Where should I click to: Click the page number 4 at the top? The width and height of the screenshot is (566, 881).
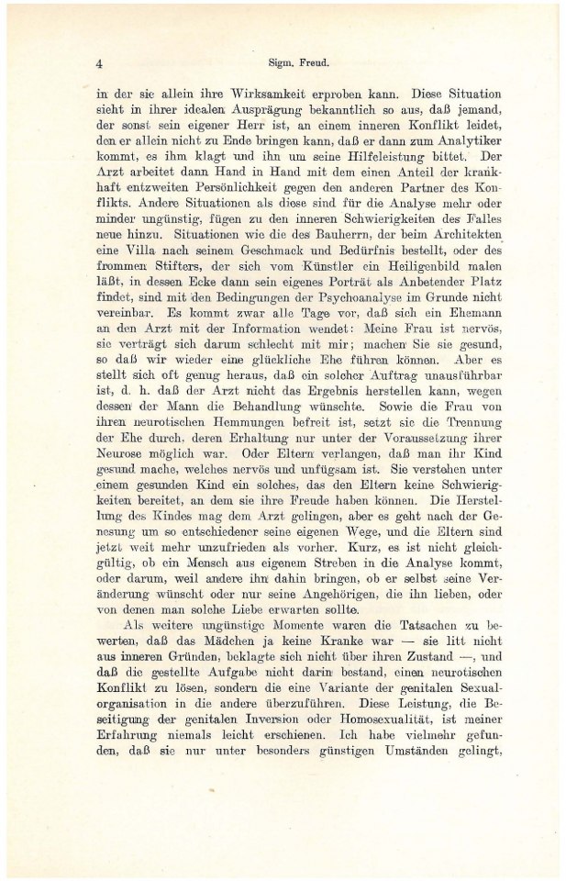point(97,65)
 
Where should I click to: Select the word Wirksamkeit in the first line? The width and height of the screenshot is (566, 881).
point(240,94)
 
